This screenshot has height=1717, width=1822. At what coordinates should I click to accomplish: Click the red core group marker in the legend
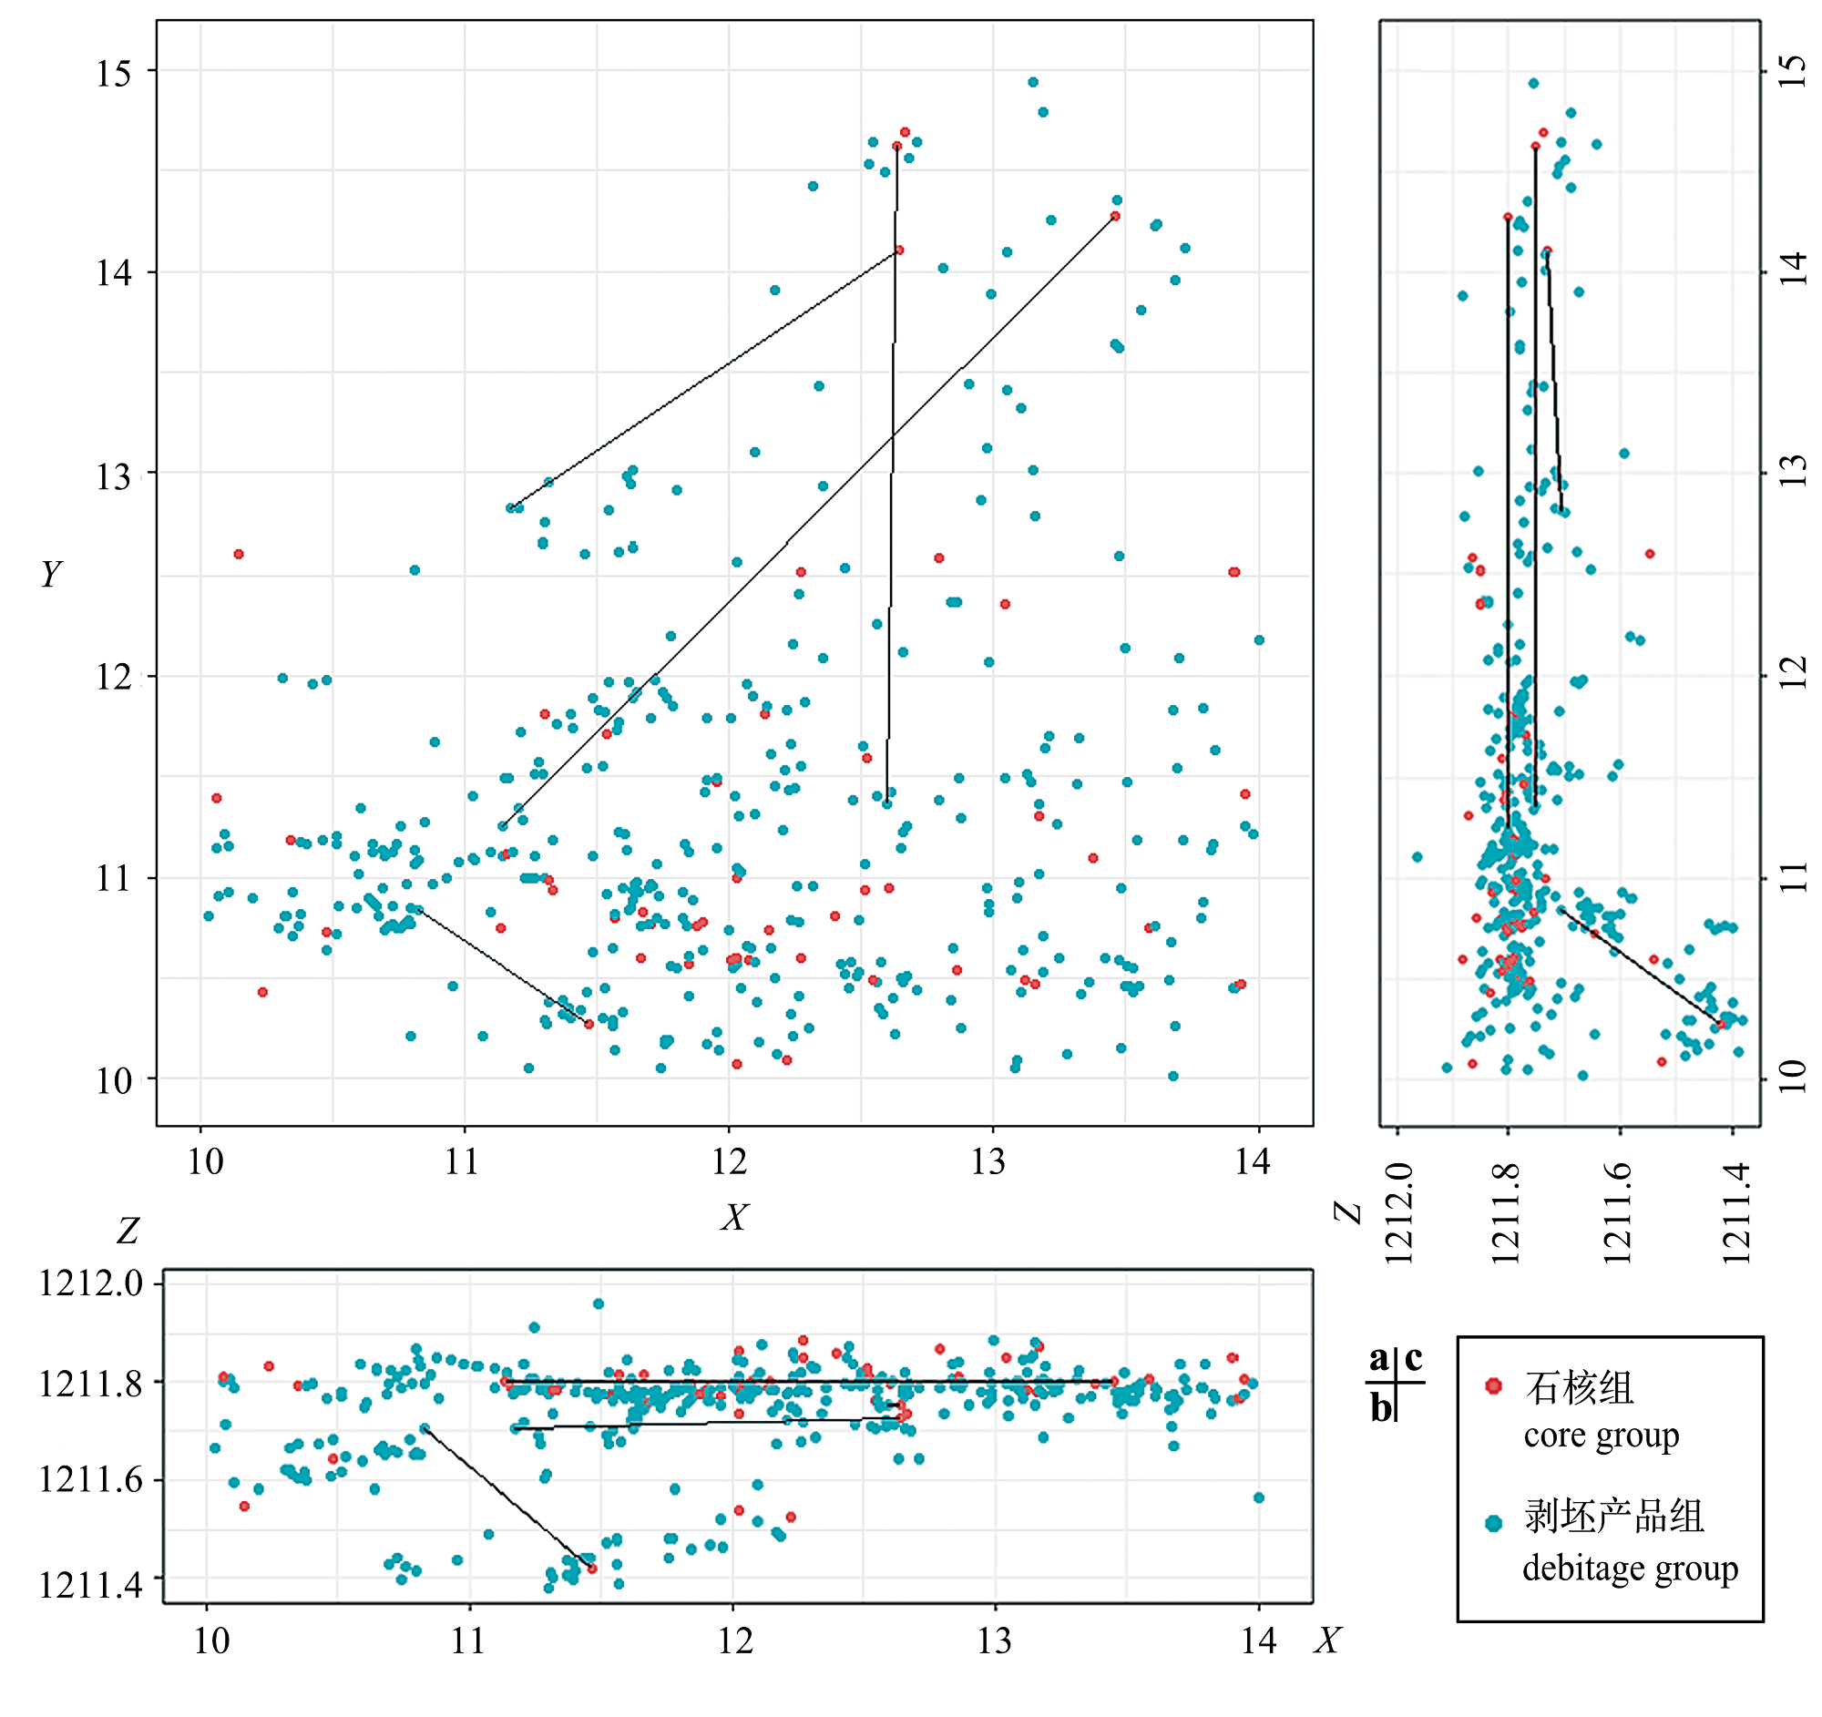[x=1493, y=1385]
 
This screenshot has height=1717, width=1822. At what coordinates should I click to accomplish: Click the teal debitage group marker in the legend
[x=1493, y=1523]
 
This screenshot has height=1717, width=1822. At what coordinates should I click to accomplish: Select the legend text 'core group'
[x=1601, y=1436]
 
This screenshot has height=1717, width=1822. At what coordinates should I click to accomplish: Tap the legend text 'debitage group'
[x=1630, y=1569]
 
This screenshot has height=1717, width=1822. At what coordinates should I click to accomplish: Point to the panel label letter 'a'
[x=1378, y=1358]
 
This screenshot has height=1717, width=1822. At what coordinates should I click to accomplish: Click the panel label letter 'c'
[x=1413, y=1358]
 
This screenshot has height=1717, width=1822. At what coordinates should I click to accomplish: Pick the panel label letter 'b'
[x=1380, y=1407]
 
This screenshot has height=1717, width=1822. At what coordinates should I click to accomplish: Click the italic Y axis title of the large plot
[x=51, y=575]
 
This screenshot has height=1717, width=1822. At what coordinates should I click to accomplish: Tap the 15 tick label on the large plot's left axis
[x=114, y=73]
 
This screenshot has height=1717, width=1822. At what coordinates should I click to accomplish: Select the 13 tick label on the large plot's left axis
[x=114, y=476]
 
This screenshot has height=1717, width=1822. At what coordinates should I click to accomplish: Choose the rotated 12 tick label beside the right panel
[x=1793, y=674]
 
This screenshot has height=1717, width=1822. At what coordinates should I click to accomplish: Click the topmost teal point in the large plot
[x=1033, y=83]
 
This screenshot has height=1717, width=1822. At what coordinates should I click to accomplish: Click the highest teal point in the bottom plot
[x=599, y=1303]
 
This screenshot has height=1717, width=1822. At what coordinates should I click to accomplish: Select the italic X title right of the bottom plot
[x=1327, y=1640]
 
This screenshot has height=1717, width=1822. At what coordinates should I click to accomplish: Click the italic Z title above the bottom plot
[x=128, y=1231]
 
